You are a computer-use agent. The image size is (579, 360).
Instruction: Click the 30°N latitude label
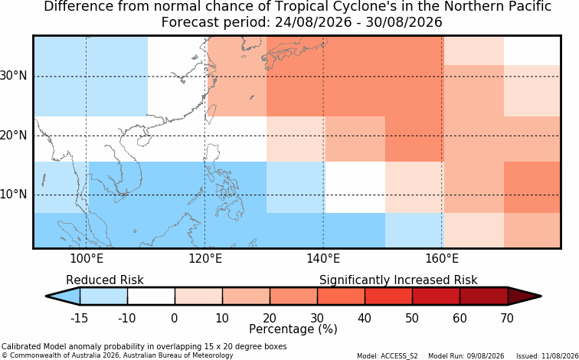(14, 76)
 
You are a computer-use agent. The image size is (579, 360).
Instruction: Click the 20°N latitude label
(14, 135)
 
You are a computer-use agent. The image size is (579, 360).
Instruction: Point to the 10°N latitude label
(14, 195)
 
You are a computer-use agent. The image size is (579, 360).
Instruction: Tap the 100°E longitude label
(87, 259)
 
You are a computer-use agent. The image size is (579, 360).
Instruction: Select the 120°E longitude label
(205, 259)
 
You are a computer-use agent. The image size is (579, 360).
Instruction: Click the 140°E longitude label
(323, 259)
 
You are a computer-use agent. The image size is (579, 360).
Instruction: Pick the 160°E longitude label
(442, 259)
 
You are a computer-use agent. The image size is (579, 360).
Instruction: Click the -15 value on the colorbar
(79, 318)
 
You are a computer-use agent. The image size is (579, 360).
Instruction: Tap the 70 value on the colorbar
(507, 318)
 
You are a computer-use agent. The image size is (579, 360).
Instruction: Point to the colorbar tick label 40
(365, 318)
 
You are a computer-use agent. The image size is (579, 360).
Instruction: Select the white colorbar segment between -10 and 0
(151, 296)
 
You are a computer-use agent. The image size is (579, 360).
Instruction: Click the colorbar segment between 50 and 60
(436, 296)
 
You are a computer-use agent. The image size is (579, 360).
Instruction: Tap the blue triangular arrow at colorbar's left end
(64, 296)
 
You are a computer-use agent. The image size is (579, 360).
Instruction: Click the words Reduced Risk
(105, 280)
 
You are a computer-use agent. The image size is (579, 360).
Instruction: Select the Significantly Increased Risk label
(398, 280)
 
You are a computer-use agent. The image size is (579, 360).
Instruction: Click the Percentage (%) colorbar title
(293, 329)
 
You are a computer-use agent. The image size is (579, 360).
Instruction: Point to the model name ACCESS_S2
(403, 356)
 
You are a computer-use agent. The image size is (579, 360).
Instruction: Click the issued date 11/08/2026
(557, 356)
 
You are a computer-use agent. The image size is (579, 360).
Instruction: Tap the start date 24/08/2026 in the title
(313, 22)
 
